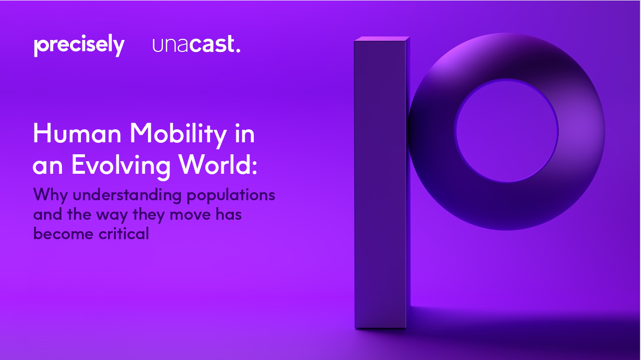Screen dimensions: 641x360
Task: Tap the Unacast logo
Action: click(x=196, y=44)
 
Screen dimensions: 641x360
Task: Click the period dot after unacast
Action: click(x=238, y=51)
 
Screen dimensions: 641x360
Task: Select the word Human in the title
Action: click(x=77, y=133)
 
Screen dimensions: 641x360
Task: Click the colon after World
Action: click(x=254, y=168)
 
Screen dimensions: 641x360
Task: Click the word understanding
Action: click(x=127, y=196)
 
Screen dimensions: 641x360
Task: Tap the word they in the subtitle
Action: click(x=149, y=215)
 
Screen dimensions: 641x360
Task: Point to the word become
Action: click(x=63, y=234)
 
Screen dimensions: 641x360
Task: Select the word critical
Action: click(x=123, y=233)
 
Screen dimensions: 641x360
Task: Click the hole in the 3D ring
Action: click(x=507, y=130)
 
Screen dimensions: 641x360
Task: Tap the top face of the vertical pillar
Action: click(x=382, y=39)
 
